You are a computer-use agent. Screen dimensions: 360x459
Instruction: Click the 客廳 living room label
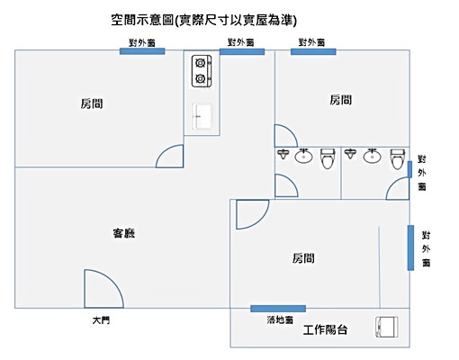123,234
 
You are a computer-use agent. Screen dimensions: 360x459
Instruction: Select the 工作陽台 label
327,329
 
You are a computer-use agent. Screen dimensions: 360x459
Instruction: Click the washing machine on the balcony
390,328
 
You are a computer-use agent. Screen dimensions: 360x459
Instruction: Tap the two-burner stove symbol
201,70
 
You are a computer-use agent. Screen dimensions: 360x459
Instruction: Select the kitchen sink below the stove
202,115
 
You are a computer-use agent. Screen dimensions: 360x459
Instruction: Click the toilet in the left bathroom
327,158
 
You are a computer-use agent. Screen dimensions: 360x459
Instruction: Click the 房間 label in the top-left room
91,104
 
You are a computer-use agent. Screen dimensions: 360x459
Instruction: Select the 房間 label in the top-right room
340,100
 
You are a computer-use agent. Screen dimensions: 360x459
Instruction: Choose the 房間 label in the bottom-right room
303,258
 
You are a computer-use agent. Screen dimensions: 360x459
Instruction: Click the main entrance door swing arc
102,290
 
